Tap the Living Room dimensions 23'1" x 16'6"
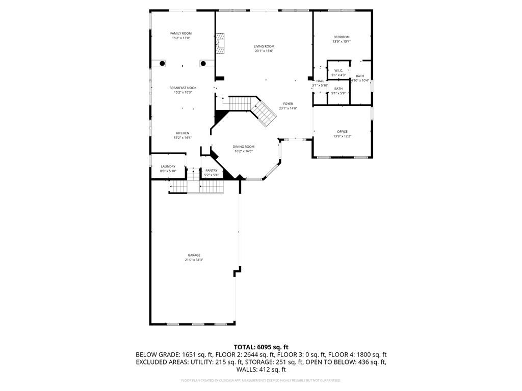(264, 51)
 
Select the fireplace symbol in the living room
(220, 44)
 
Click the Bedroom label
(342, 37)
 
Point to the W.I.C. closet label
(338, 70)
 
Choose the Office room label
(342, 131)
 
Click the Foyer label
(288, 104)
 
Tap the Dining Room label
(244, 147)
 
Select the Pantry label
(211, 171)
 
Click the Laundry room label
(168, 166)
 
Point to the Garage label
(194, 255)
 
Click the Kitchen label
(182, 133)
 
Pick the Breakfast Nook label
(182, 88)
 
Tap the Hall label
(320, 81)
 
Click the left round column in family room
(162, 63)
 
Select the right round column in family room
(203, 63)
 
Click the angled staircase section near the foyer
(265, 114)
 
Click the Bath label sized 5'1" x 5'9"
(338, 89)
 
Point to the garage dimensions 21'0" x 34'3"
(194, 260)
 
